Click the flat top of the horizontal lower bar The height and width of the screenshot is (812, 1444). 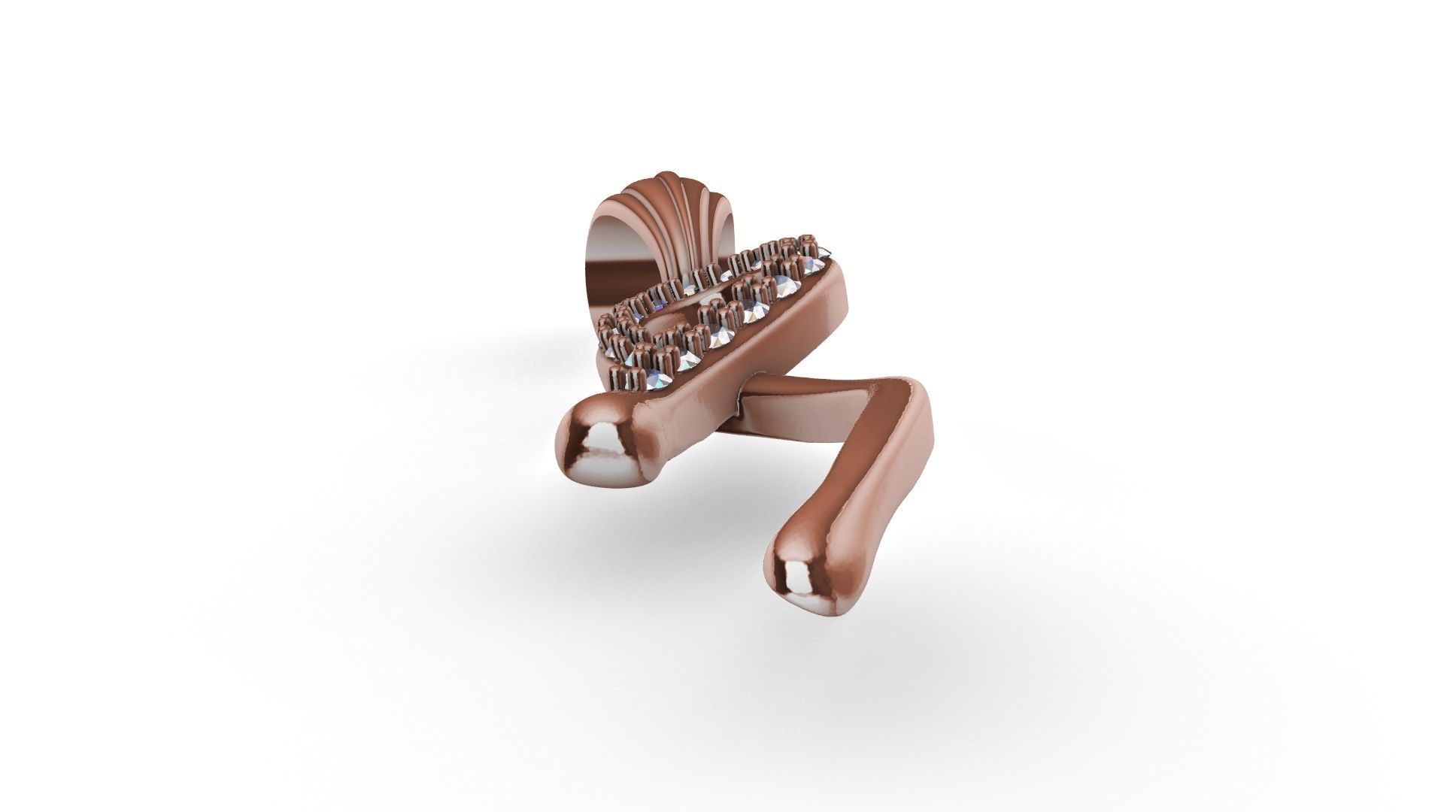tap(812, 387)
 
